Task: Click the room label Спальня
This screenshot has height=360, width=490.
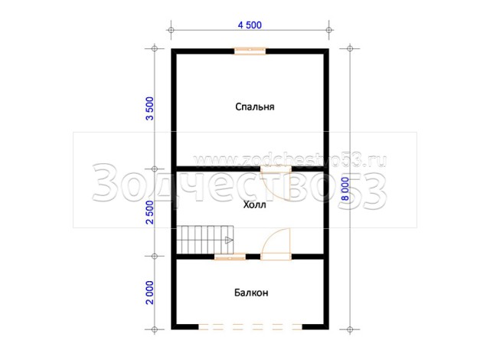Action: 255,107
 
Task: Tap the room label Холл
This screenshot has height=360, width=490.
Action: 255,205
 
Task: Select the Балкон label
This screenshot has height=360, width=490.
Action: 251,293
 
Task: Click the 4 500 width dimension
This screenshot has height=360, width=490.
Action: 250,25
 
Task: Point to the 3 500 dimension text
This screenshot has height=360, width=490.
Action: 150,109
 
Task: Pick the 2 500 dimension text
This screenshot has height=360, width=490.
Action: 150,212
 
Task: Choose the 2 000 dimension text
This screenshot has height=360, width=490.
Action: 150,293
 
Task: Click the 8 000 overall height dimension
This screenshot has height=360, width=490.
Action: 345,188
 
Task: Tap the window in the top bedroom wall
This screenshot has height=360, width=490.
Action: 250,51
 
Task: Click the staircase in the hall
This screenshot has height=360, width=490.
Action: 205,240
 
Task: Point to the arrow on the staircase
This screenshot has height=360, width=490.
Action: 229,240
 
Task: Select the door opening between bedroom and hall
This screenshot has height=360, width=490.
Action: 276,169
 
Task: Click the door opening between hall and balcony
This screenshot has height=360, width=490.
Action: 276,257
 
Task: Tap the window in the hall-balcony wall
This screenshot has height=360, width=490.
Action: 230,257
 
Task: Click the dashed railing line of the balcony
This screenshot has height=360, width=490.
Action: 250,327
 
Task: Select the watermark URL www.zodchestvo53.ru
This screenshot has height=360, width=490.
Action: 290,161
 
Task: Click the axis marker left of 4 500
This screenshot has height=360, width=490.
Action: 171,30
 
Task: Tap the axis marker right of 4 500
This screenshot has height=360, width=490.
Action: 328,30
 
